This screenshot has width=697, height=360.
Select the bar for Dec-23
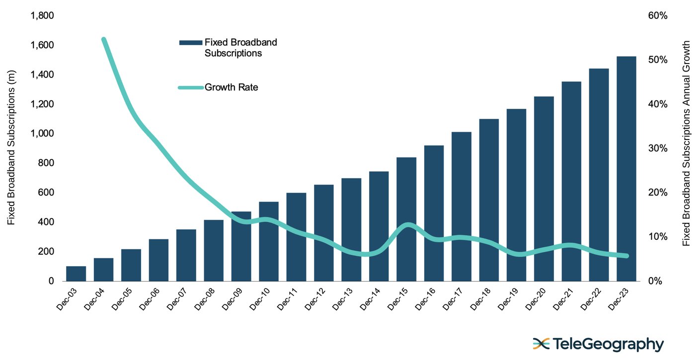[x=626, y=169]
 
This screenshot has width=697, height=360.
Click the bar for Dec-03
[x=76, y=274]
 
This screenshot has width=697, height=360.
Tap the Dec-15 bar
[x=406, y=219]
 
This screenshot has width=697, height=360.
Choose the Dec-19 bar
[x=516, y=195]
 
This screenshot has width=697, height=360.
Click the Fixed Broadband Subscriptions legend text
[x=240, y=48]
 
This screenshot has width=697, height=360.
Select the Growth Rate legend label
[x=231, y=88]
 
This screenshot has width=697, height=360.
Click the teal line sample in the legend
[x=191, y=88]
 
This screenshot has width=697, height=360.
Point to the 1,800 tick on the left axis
[x=42, y=16]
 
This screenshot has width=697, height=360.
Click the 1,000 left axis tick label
[x=42, y=134]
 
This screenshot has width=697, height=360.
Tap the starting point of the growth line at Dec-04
[x=103, y=39]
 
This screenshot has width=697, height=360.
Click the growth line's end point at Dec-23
[x=626, y=256]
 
